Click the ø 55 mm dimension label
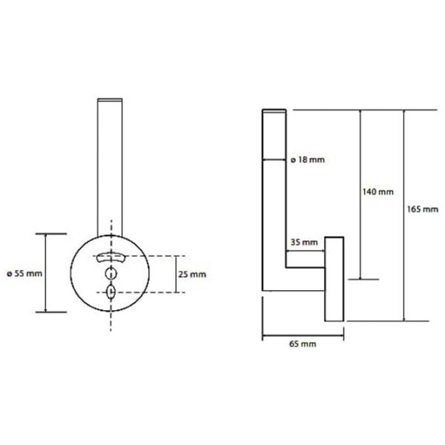24,274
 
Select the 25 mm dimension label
192,274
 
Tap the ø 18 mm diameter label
307,159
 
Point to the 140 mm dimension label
378,192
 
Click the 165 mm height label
423,209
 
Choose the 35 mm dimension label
304,243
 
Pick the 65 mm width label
303,344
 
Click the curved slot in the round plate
111,257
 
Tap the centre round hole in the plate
111,274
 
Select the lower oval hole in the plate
111,291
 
